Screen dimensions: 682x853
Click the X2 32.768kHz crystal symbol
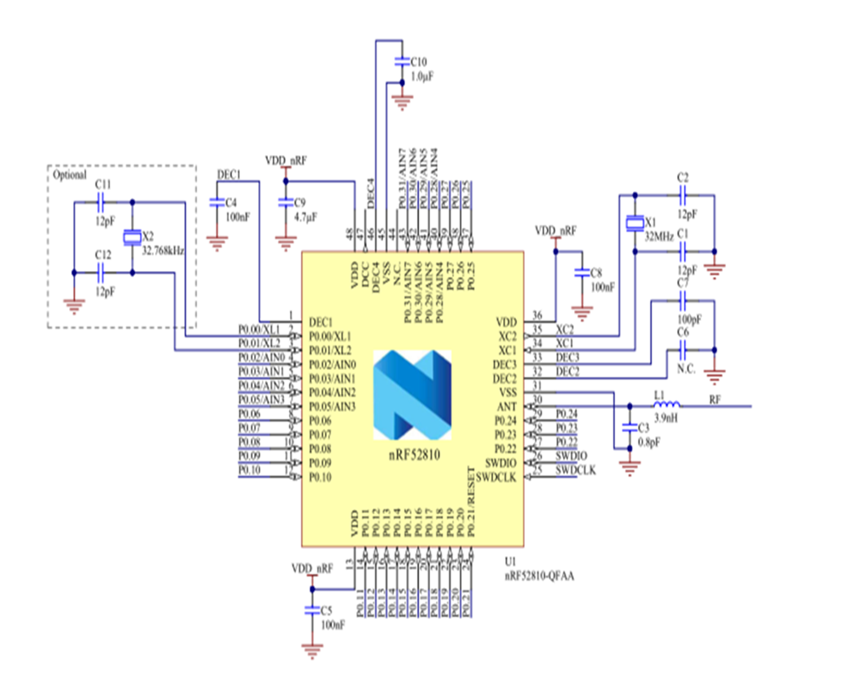[x=131, y=237]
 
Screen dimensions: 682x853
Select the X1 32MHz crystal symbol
[x=634, y=223]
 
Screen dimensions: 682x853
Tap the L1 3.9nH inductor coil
[x=666, y=405]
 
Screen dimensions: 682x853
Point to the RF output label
[x=715, y=399]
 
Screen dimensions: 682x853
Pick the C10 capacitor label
[x=420, y=62]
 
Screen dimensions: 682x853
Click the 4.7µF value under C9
[x=305, y=217]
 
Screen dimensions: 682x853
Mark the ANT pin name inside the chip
[x=507, y=406]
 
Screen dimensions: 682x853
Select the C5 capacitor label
[x=326, y=610]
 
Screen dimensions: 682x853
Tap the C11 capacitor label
[x=102, y=184]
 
